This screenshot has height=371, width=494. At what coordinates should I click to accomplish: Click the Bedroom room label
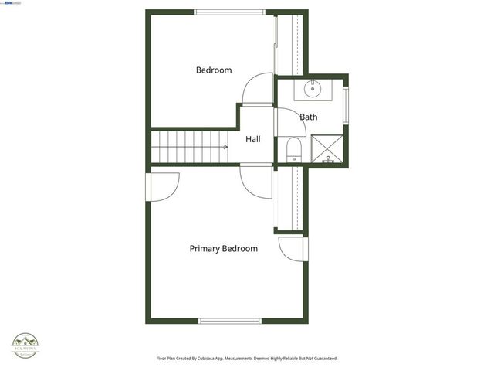[214, 70]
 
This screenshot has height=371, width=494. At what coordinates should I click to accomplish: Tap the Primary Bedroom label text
[224, 249]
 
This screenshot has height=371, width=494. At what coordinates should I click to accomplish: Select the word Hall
[253, 140]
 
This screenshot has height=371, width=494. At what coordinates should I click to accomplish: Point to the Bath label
[309, 117]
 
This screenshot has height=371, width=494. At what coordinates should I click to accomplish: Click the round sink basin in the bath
[313, 88]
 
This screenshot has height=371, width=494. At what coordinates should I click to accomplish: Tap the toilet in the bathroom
[293, 150]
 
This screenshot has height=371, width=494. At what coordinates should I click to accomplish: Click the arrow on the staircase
[225, 146]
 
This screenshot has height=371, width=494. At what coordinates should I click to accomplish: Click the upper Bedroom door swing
[257, 88]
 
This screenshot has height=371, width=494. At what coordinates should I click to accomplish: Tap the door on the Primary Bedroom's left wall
[164, 186]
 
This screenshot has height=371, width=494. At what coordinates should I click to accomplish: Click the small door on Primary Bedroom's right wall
[292, 249]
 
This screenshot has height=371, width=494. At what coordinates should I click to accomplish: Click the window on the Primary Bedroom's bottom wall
[230, 320]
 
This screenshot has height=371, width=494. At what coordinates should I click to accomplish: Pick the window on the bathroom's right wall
[346, 106]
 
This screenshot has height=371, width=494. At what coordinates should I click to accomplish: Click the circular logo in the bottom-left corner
[25, 345]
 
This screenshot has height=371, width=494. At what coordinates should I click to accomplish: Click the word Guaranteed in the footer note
[322, 359]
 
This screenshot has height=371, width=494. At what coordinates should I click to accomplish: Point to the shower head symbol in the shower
[328, 158]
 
